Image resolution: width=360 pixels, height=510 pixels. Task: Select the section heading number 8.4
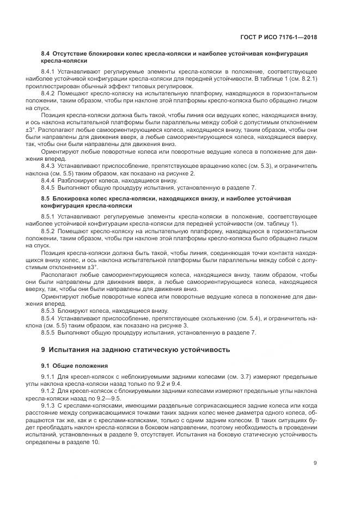[x=45, y=54]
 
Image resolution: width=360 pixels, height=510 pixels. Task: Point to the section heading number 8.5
[x=45, y=198]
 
